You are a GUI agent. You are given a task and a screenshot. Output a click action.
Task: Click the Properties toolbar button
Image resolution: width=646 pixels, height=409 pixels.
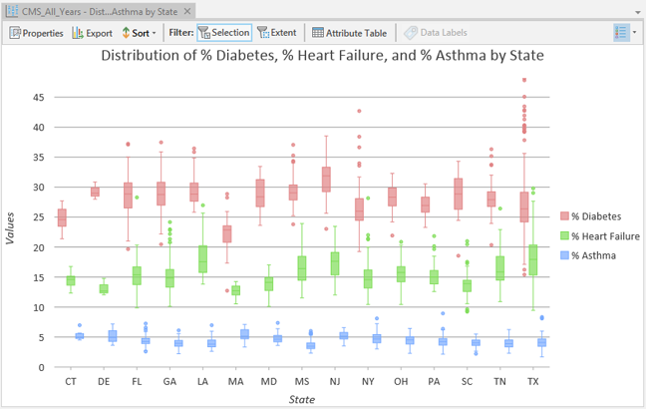36,33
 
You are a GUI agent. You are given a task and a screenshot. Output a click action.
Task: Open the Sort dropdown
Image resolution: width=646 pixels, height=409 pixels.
140,33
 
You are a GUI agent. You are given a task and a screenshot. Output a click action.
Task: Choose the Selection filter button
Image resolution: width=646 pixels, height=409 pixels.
223,33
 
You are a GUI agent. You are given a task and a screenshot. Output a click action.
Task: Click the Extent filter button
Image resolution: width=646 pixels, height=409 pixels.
277,33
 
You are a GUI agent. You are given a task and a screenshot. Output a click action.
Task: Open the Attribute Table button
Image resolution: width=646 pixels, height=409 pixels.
349,33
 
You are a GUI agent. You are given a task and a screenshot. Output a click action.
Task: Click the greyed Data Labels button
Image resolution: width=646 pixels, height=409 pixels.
436,33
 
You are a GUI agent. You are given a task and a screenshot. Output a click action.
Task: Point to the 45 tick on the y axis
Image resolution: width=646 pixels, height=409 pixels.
39,98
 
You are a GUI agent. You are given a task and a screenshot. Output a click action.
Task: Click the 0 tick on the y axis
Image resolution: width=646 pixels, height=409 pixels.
42,367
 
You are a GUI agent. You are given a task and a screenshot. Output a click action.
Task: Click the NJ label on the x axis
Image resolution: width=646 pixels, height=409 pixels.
335,382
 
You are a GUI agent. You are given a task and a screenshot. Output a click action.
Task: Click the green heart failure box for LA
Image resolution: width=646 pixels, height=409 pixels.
203,258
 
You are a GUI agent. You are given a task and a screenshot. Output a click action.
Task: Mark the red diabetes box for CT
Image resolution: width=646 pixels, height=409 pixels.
62,217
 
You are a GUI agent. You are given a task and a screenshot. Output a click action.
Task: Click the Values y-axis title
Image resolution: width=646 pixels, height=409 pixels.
11,226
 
